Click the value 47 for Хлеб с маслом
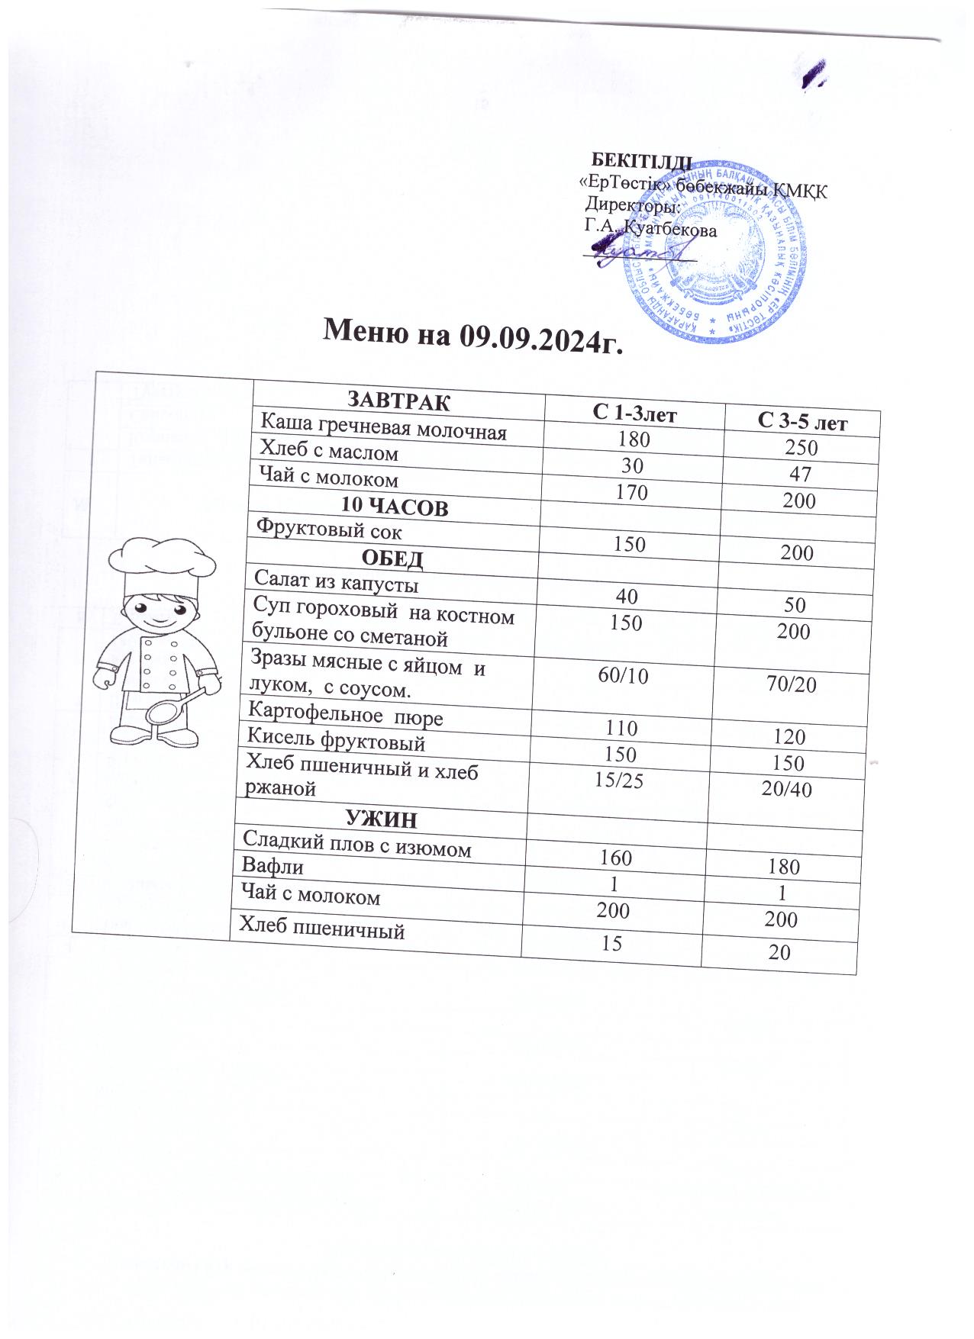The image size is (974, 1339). point(800,475)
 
